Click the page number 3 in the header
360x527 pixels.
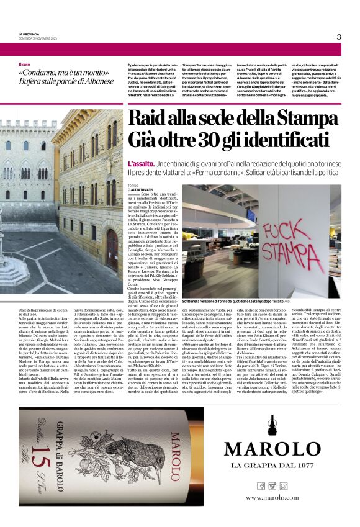339,37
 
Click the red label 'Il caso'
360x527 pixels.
24,65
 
